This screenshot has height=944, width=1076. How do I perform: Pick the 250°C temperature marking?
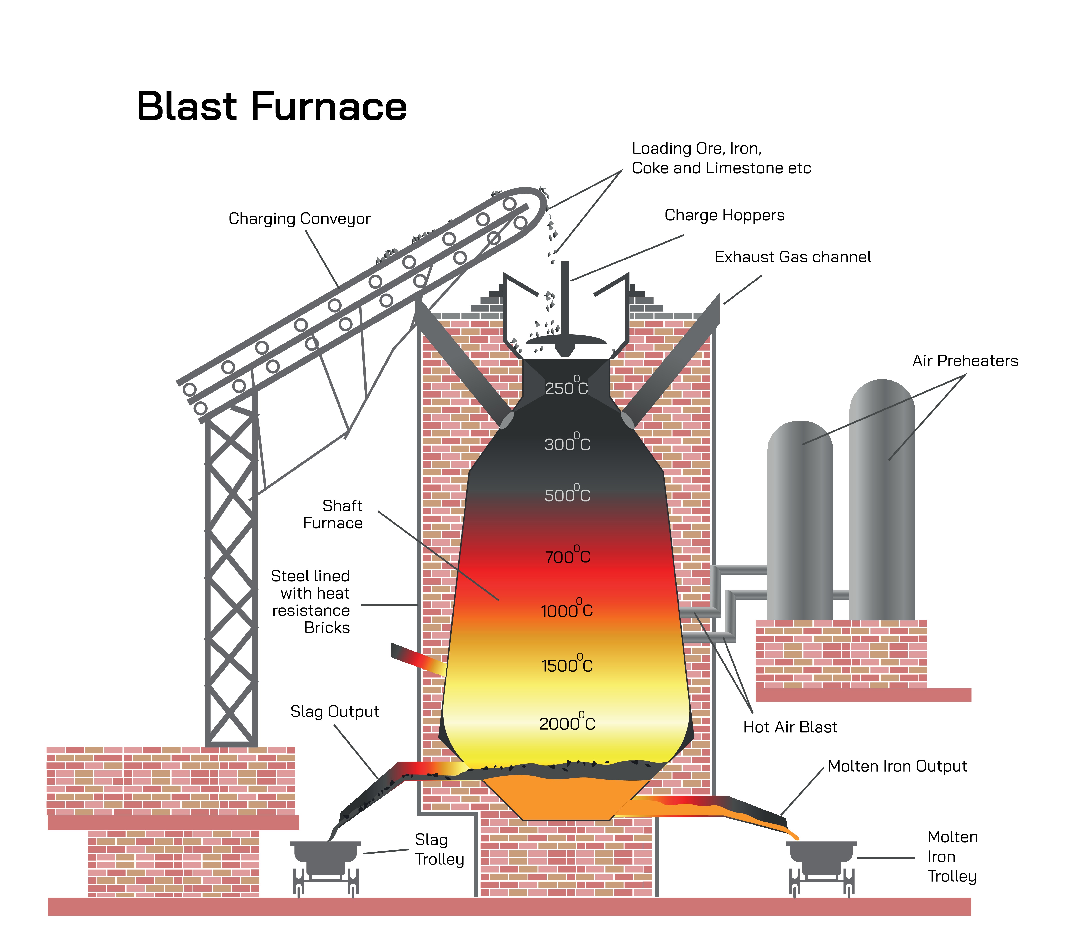pyautogui.click(x=566, y=387)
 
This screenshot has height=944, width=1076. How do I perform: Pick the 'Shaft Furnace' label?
pyautogui.click(x=333, y=514)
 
